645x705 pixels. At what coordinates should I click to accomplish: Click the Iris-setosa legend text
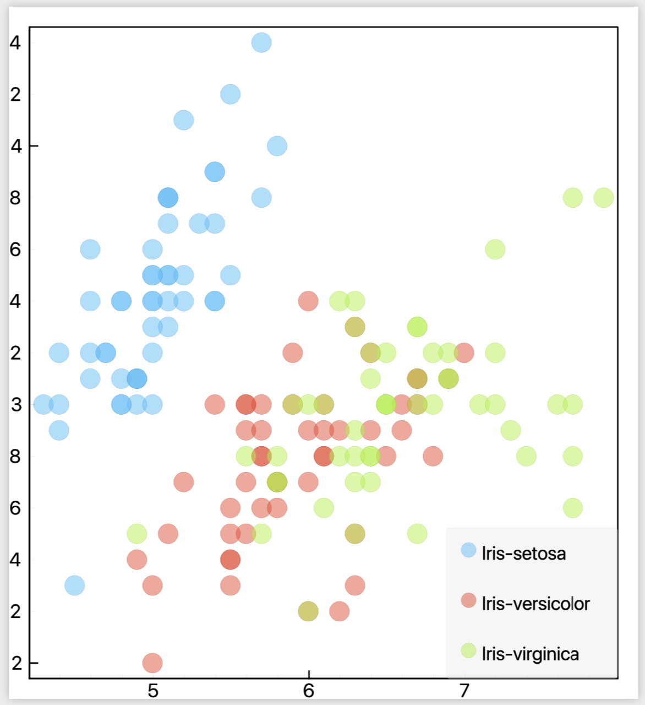[523, 553]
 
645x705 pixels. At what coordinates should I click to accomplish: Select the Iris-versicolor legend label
[535, 604]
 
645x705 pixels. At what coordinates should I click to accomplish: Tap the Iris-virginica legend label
[530, 654]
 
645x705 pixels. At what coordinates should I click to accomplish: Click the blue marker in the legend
[468, 550]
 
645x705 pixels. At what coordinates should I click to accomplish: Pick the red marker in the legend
[468, 600]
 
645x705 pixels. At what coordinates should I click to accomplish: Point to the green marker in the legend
[468, 650]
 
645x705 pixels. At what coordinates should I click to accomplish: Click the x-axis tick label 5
[153, 691]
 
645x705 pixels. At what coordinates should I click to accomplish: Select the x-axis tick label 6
[309, 691]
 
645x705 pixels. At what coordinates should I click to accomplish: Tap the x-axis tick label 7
[464, 691]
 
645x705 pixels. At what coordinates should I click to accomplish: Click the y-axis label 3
[16, 405]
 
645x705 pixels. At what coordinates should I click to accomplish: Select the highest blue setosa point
[261, 42]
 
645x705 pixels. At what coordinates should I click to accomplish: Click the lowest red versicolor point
[152, 663]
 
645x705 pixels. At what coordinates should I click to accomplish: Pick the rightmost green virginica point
[604, 198]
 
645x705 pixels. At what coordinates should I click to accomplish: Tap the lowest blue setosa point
[74, 585]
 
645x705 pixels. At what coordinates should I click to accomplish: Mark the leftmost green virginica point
[137, 533]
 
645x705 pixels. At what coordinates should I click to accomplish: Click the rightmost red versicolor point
[464, 352]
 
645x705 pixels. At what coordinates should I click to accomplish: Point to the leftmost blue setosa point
[43, 404]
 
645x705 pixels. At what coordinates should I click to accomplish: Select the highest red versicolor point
[308, 301]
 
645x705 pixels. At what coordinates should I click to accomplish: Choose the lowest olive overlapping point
[308, 611]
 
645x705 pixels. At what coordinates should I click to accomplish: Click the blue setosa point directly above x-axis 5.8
[277, 146]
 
